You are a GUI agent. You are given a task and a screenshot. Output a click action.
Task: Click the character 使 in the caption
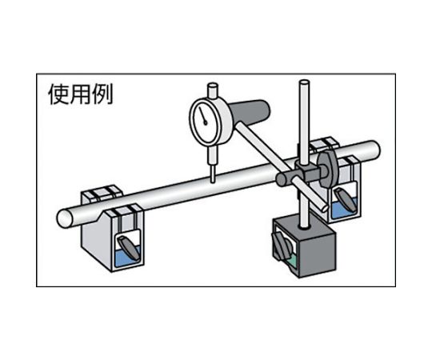point(59,94)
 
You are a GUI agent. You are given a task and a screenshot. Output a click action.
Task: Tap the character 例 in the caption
point(102,94)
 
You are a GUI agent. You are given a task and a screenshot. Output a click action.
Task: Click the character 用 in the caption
point(81,94)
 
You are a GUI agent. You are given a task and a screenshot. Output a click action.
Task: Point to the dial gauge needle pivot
point(205,123)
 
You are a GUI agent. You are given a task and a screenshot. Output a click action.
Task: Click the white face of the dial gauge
point(204,122)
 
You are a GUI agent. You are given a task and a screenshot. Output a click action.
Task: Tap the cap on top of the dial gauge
point(213,90)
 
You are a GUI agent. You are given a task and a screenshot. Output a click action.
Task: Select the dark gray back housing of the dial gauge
point(250,112)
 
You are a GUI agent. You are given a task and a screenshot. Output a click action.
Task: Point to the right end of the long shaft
point(374,150)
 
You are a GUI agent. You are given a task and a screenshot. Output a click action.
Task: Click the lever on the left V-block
point(128,247)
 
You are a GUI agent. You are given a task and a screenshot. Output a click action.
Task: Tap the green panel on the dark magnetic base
point(292,261)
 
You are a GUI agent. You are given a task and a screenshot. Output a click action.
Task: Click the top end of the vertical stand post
point(305,82)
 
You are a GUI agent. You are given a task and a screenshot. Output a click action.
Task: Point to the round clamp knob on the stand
point(327,170)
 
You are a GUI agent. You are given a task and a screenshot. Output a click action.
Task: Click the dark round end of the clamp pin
point(282,178)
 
